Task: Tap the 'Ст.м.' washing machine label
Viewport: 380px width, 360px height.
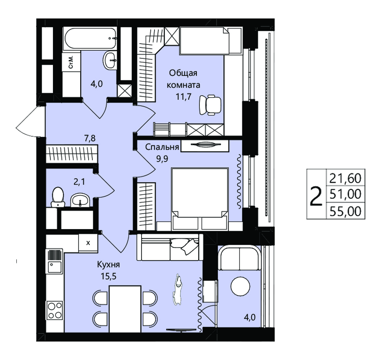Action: pyautogui.click(x=71, y=62)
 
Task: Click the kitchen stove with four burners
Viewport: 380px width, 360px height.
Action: pyautogui.click(x=55, y=310)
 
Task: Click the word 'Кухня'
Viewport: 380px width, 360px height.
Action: pyautogui.click(x=108, y=264)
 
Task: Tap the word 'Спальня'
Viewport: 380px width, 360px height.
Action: pyautogui.click(x=162, y=147)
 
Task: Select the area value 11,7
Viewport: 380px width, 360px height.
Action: pyautogui.click(x=183, y=97)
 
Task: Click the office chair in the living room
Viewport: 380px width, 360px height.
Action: pyautogui.click(x=210, y=104)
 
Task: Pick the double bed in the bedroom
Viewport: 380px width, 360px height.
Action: pyautogui.click(x=200, y=199)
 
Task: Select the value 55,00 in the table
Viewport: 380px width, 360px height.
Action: pyautogui.click(x=345, y=211)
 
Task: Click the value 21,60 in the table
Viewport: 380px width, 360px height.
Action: pyautogui.click(x=345, y=178)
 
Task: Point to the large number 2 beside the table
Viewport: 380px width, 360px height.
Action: pyautogui.click(x=316, y=196)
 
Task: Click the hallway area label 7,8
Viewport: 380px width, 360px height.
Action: pyautogui.click(x=90, y=138)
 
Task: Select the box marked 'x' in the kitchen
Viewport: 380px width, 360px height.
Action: pyautogui.click(x=88, y=243)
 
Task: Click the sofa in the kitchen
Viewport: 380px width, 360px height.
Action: pyautogui.click(x=170, y=247)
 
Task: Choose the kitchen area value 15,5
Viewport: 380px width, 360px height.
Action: pyautogui.click(x=109, y=276)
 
